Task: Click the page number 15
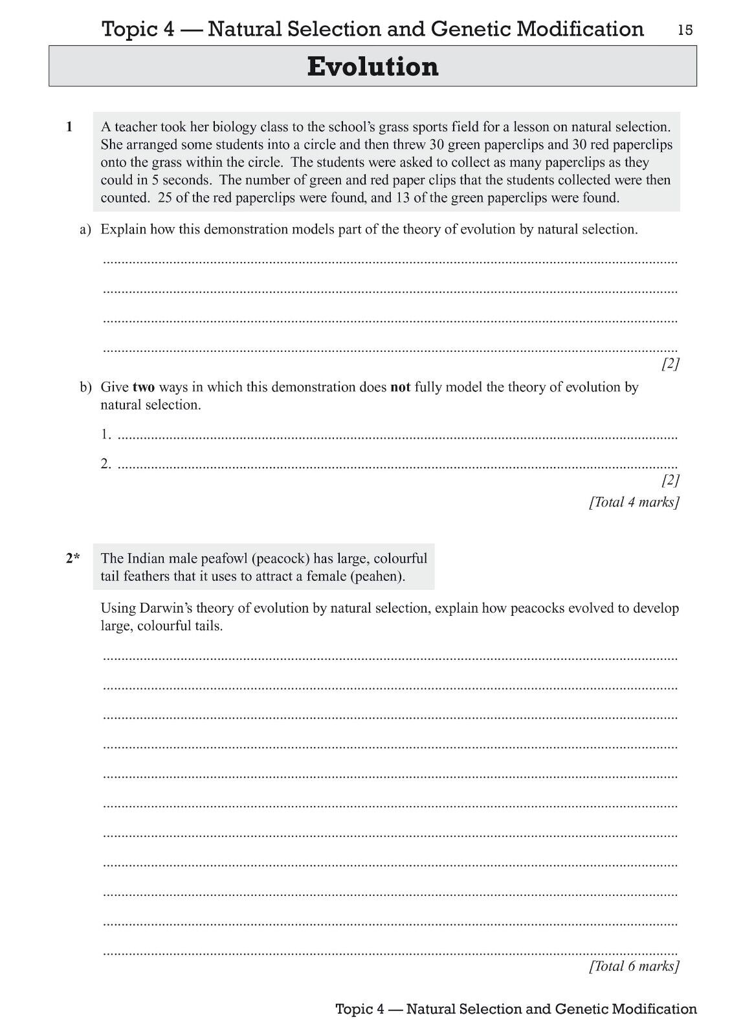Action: (x=685, y=30)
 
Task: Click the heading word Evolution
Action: (x=373, y=67)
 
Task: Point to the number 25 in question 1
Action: (x=164, y=198)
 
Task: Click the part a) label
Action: (x=85, y=230)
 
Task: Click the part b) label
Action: (x=85, y=387)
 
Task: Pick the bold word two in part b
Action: (x=144, y=387)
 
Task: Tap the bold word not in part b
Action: (x=401, y=387)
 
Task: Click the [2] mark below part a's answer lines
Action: (x=670, y=364)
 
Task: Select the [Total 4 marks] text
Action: (x=634, y=502)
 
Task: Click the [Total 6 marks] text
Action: (x=634, y=966)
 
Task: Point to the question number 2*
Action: (x=72, y=558)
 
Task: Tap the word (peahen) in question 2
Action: (x=377, y=576)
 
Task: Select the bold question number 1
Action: (x=69, y=127)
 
